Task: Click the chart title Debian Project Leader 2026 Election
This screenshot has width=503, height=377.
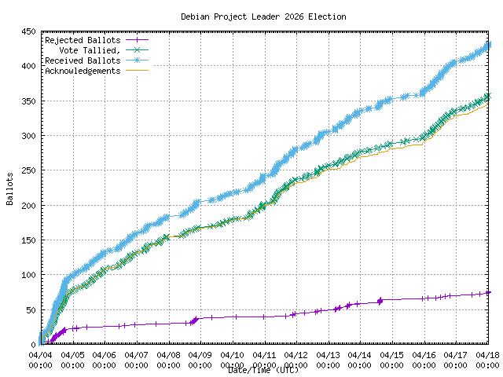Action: point(263,16)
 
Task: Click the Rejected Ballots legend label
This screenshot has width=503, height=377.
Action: point(83,40)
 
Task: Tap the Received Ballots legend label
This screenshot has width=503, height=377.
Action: point(83,60)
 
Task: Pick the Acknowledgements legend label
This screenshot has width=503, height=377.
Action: point(83,71)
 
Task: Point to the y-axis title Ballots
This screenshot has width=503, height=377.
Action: point(10,188)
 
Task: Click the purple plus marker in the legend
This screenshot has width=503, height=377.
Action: point(137,40)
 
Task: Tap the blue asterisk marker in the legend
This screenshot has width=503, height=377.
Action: point(137,60)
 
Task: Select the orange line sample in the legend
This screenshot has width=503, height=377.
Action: point(137,71)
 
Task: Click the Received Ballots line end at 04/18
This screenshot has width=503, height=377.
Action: point(487,45)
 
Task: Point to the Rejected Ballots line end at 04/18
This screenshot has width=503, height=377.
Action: point(487,293)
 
